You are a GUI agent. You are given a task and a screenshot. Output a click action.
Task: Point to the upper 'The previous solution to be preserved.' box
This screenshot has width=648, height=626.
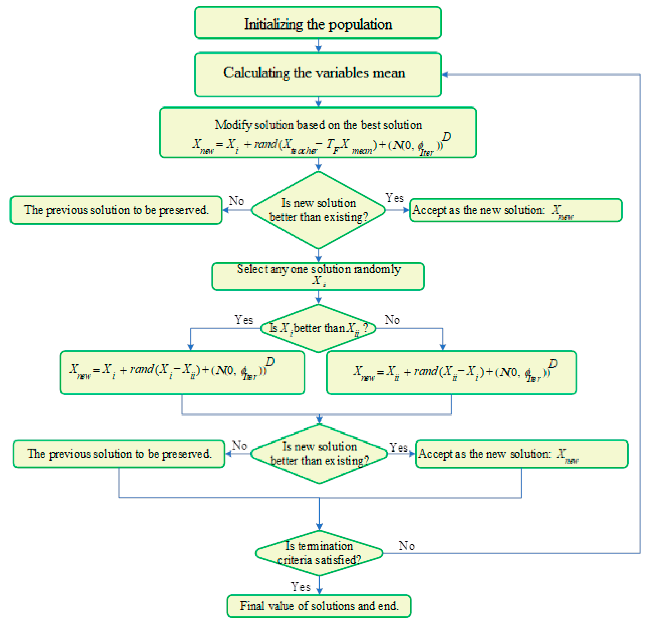pyautogui.click(x=116, y=210)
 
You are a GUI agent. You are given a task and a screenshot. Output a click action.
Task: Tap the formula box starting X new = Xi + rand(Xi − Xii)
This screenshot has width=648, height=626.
pyautogui.click(x=182, y=372)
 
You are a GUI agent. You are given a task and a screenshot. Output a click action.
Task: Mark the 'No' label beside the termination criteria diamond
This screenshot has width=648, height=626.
pyautogui.click(x=406, y=545)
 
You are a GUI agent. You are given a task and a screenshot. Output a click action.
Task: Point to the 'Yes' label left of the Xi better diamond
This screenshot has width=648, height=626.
pyautogui.click(x=244, y=320)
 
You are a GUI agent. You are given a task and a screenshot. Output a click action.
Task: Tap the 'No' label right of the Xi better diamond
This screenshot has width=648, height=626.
pyautogui.click(x=392, y=320)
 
